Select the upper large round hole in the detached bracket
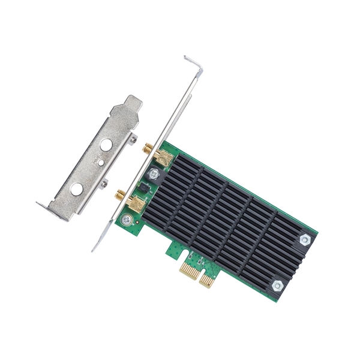106,145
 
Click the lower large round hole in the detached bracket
77,189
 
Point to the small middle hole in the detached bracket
100,163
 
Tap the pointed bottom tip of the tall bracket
94,248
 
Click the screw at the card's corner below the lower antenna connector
127,219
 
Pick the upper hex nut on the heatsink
304,239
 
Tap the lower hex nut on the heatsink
278,286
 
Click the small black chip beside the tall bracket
144,189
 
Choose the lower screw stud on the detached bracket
104,183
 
